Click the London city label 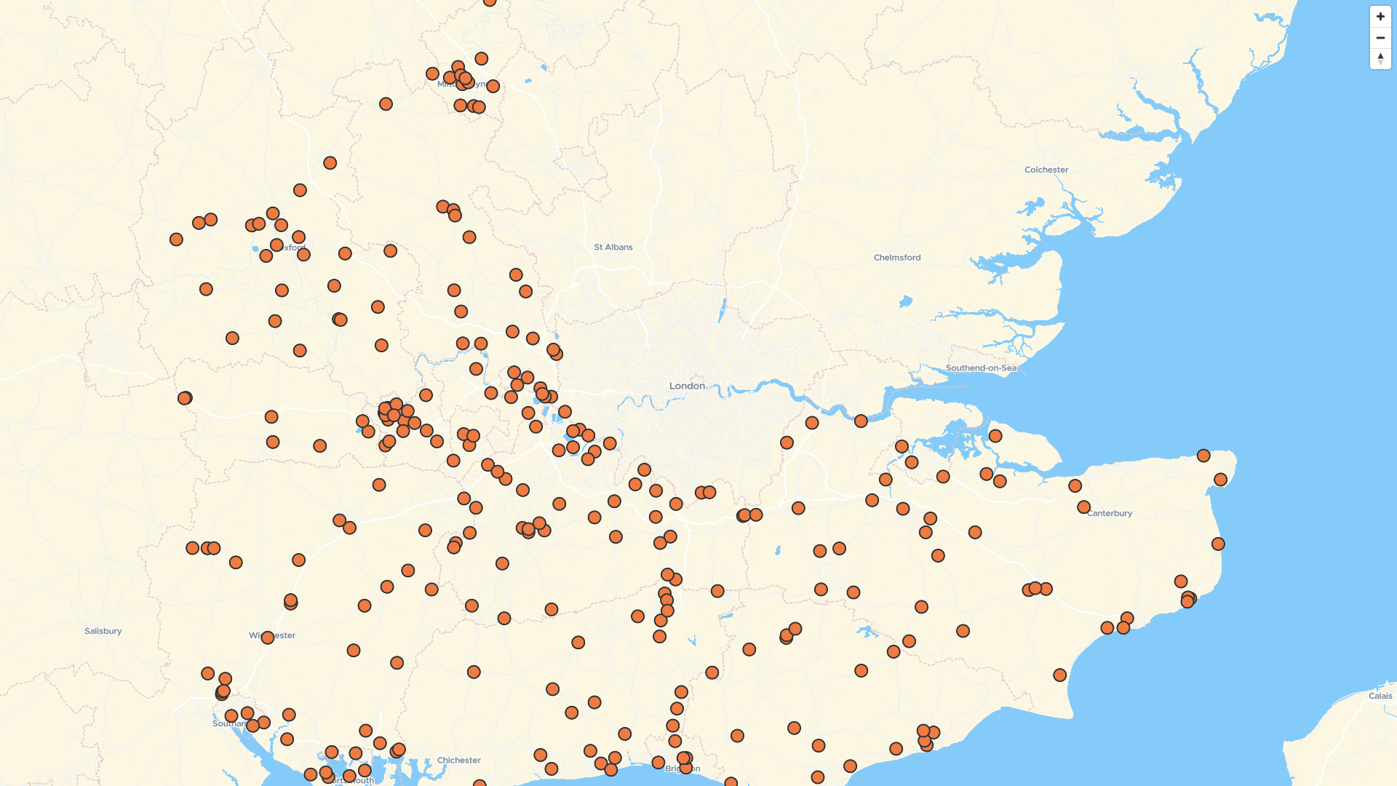(687, 386)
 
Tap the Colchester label (1046, 170)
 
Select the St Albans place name (613, 247)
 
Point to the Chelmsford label (896, 258)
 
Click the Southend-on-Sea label (980, 368)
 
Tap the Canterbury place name (1110, 513)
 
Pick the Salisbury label (103, 631)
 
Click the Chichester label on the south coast (458, 761)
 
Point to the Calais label (1380, 696)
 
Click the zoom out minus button (1380, 38)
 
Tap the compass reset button (1380, 59)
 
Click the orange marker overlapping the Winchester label (267, 638)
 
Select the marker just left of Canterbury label (1083, 507)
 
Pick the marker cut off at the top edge (490, 1)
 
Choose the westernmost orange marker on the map (176, 239)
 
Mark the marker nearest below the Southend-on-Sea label (995, 436)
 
